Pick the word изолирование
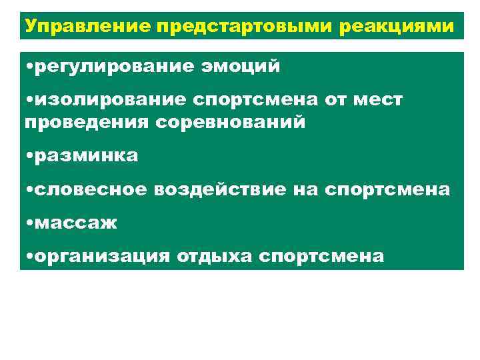pyautogui.click(x=111, y=99)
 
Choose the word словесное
pyautogui.click(x=91, y=189)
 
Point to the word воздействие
pyautogui.click(x=221, y=189)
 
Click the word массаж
pyautogui.click(x=75, y=223)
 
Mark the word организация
pyautogui.click(x=102, y=256)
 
